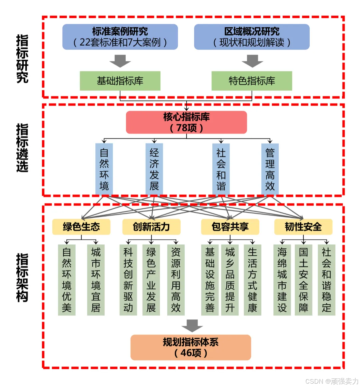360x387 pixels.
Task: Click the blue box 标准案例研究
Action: [120, 37]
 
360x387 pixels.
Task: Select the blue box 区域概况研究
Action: [252, 37]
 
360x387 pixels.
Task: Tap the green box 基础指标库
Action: [120, 81]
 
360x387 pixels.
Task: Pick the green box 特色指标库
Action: [252, 81]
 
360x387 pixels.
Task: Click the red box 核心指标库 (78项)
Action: [186, 122]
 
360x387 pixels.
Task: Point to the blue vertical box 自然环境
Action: [104, 169]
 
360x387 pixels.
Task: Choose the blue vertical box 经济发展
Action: [154, 169]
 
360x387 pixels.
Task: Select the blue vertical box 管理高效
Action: [270, 169]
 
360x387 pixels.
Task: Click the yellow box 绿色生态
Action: [81, 227]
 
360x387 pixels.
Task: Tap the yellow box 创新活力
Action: [151, 227]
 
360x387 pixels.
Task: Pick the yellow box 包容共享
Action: [230, 227]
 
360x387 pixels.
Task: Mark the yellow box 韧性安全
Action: [303, 227]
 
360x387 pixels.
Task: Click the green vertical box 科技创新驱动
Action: [128, 280]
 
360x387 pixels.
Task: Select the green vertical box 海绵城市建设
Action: [282, 280]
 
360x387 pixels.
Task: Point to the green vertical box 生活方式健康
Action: [252, 280]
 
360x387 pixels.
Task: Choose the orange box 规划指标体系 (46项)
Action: [191, 347]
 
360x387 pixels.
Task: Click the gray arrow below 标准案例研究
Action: [120, 61]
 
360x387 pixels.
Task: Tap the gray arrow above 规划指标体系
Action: [192, 325]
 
